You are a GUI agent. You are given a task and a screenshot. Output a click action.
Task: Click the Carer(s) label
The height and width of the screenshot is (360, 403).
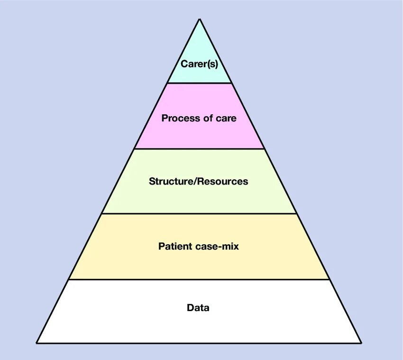point(199,64)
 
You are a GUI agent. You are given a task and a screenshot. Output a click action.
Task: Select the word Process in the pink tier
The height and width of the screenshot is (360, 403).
point(177,118)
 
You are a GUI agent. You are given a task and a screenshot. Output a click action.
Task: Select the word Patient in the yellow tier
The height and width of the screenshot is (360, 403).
point(175,246)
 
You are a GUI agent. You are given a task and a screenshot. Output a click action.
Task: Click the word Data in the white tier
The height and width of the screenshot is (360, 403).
point(198,308)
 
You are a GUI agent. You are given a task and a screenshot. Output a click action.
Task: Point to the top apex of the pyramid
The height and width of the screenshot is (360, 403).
point(199,19)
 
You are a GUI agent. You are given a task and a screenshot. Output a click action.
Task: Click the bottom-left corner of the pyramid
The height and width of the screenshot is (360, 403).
point(37,342)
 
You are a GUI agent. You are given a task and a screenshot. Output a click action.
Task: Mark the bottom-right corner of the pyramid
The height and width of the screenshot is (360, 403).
point(361,342)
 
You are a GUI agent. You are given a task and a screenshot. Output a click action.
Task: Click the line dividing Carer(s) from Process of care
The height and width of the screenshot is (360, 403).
point(199,83)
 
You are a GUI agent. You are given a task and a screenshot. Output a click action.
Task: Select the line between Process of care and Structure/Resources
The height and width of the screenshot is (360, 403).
point(199,148)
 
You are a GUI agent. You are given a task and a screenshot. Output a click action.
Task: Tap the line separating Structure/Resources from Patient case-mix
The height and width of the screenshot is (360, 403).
point(199,213)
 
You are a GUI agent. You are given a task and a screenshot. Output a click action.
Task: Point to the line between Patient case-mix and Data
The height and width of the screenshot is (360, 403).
point(199,279)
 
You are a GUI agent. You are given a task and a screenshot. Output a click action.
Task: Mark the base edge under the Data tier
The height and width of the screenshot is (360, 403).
point(199,342)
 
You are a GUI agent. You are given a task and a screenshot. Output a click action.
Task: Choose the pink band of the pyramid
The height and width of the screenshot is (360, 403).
point(199,135)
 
